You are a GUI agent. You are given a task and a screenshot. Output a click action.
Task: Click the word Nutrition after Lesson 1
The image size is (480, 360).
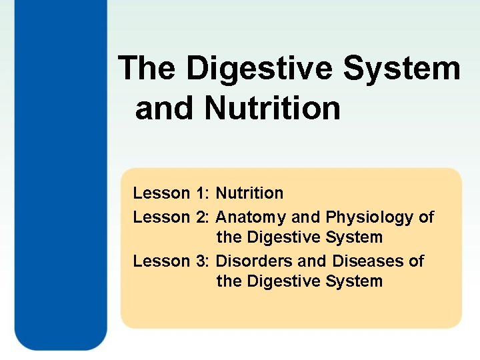pyautogui.click(x=250, y=193)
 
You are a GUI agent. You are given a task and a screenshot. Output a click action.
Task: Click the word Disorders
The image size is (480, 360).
pyautogui.click(x=250, y=261)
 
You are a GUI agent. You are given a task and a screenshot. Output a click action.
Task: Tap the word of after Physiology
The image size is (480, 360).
pyautogui.click(x=427, y=217)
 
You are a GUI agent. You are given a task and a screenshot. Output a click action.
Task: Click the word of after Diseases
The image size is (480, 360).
pyautogui.click(x=416, y=261)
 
